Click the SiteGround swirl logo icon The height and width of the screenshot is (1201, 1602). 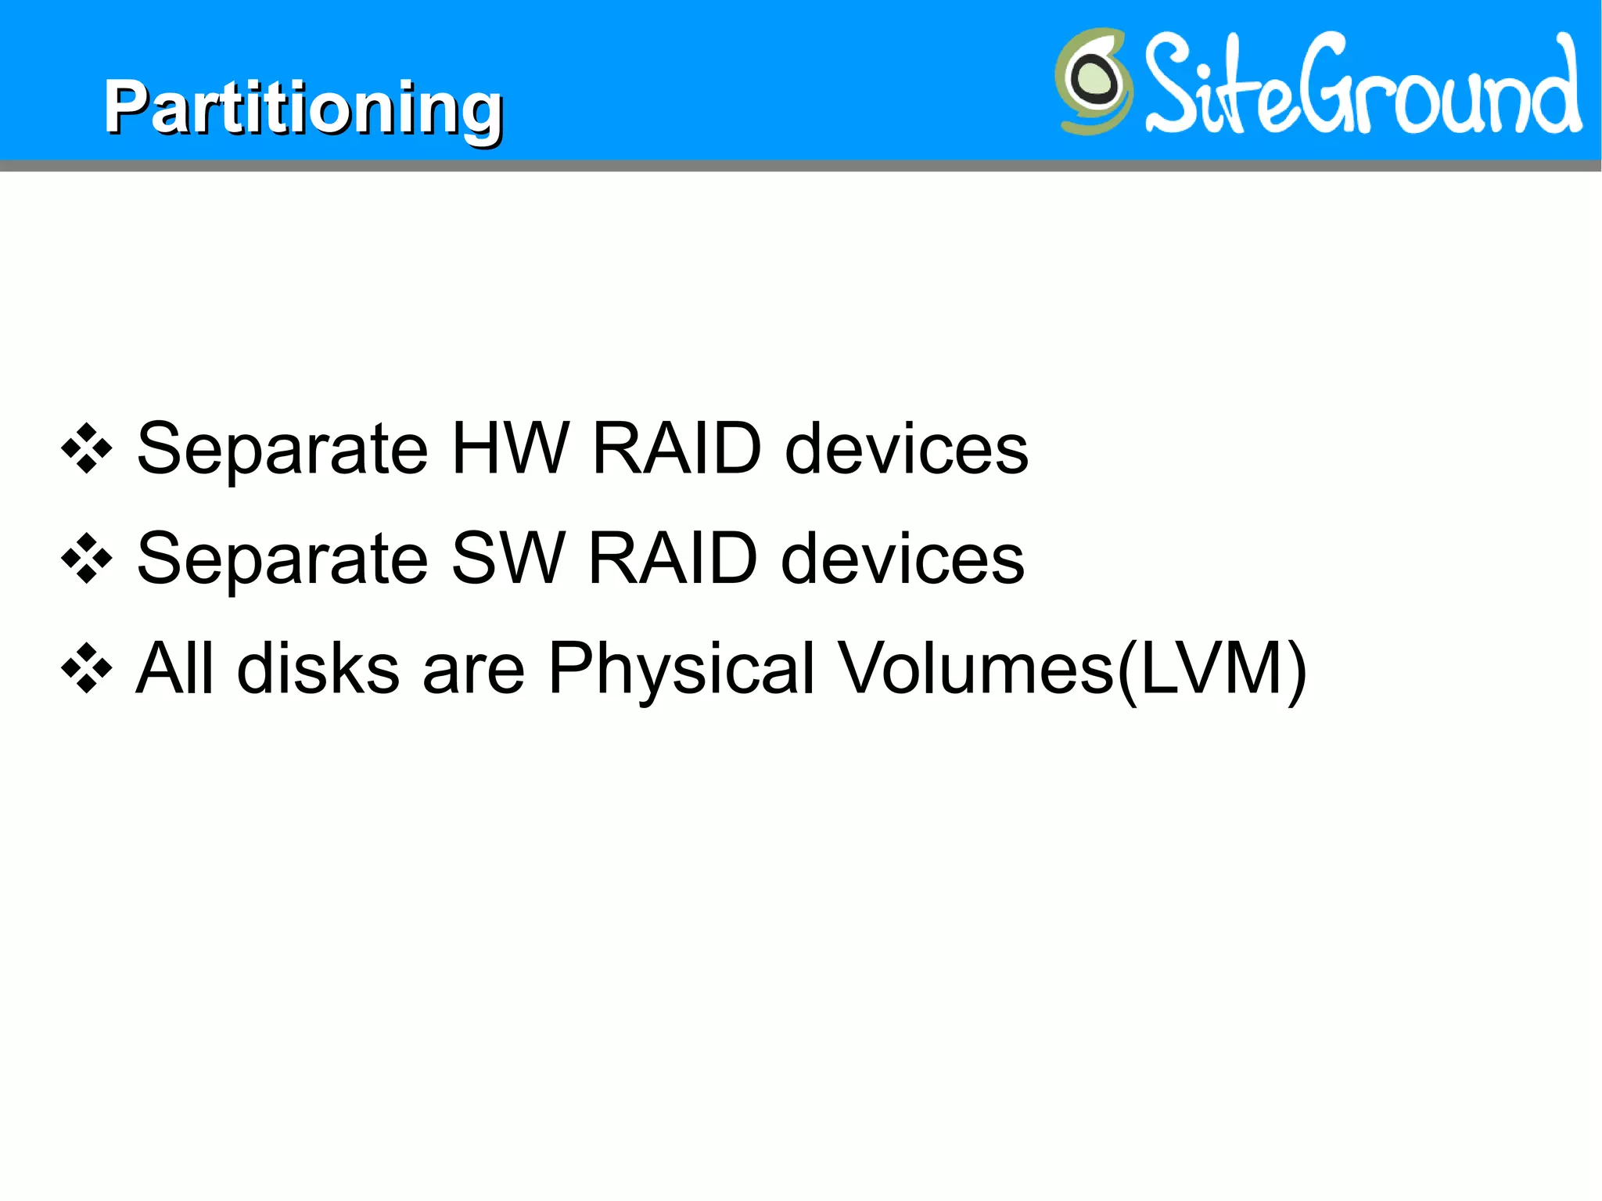pyautogui.click(x=1094, y=81)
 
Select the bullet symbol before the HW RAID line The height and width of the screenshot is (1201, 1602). pyautogui.click(x=87, y=448)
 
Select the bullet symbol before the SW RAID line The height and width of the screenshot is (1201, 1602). pyautogui.click(x=87, y=559)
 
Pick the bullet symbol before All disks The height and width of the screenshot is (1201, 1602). pyautogui.click(x=87, y=669)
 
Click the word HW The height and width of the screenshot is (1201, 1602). pyautogui.click(x=510, y=448)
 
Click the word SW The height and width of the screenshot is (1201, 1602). pyautogui.click(x=508, y=559)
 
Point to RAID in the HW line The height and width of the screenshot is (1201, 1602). pyautogui.click(x=677, y=448)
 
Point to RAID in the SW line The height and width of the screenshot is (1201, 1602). pyautogui.click(x=673, y=559)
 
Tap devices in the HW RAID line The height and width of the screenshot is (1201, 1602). pyautogui.click(x=906, y=448)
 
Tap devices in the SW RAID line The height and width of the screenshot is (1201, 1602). pyautogui.click(x=903, y=559)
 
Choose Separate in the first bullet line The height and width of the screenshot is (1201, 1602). pyautogui.click(x=282, y=450)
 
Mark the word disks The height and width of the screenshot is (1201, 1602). pyautogui.click(x=318, y=668)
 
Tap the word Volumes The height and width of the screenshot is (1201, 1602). pyautogui.click(x=975, y=668)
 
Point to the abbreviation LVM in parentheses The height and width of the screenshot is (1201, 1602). pyautogui.click(x=1212, y=668)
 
